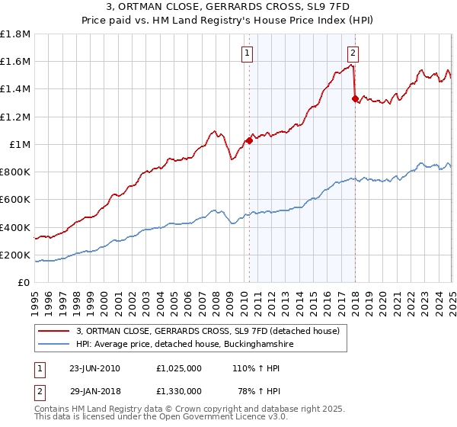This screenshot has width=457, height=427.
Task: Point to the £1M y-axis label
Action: click(19, 145)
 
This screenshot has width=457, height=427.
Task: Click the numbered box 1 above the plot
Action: click(248, 53)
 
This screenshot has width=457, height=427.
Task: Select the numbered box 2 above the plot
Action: click(353, 53)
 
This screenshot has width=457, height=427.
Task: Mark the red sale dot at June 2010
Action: click(249, 140)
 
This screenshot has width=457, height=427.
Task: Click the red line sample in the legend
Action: click(54, 331)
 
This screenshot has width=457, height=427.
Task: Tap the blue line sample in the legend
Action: click(54, 345)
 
